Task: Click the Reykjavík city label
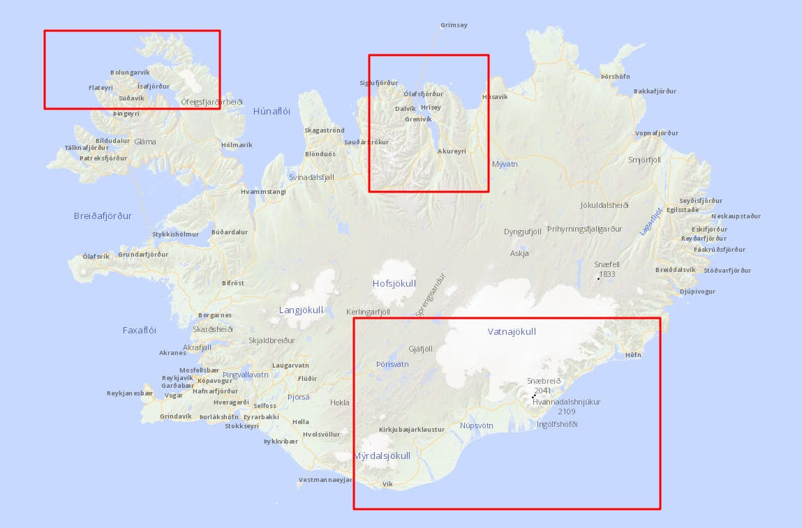coord(177,377)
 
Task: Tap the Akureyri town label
coord(451,151)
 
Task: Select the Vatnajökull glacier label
coord(512,332)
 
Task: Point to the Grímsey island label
coord(454,25)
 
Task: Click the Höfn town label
coord(633,355)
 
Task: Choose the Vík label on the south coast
coord(388,483)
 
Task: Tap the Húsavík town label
coord(495,97)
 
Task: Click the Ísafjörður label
coord(154,86)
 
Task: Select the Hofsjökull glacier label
coord(394,283)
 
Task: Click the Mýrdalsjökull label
coord(382,456)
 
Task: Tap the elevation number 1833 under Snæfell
coord(607,275)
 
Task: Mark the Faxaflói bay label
coord(140,330)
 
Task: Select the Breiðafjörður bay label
coord(103,216)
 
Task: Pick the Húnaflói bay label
coord(272,111)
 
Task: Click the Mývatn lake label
coord(505,165)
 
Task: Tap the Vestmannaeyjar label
coord(325,480)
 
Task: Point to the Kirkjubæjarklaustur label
coord(412,430)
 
